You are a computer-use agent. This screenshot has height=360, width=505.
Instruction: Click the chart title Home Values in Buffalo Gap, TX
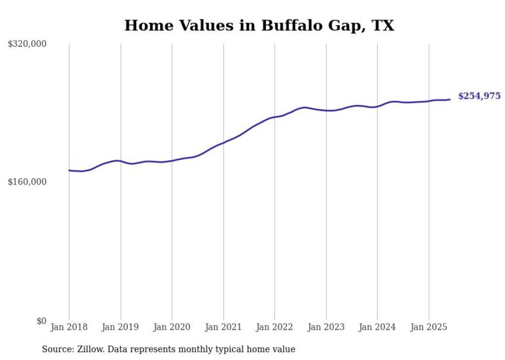click(x=259, y=25)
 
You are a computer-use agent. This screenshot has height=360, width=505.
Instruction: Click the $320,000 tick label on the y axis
click(x=27, y=44)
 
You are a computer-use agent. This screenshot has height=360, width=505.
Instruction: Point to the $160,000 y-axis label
click(x=27, y=182)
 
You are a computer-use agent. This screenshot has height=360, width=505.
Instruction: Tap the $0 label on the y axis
click(x=41, y=321)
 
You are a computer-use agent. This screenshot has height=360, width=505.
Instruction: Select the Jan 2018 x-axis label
click(x=69, y=327)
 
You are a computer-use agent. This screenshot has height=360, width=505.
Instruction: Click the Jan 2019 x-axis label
click(x=121, y=327)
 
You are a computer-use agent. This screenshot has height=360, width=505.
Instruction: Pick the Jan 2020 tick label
click(x=172, y=327)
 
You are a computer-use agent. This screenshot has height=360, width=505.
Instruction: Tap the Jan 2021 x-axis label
click(x=223, y=327)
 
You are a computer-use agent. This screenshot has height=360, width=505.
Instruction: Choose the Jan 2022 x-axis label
click(x=275, y=327)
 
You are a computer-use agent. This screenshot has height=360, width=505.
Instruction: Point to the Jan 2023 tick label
click(x=326, y=327)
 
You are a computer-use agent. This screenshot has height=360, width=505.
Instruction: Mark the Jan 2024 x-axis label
click(x=377, y=327)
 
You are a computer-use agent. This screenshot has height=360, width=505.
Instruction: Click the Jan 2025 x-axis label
click(x=429, y=327)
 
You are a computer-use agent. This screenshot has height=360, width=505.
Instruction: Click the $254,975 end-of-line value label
click(x=479, y=96)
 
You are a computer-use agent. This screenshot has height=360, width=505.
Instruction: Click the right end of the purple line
click(x=450, y=99)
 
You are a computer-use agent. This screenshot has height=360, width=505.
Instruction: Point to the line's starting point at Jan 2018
click(x=69, y=170)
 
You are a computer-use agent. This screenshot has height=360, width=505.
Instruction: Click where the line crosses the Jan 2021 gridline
click(x=223, y=142)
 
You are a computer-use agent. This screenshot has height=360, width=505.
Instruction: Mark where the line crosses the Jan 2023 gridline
click(x=326, y=110)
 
